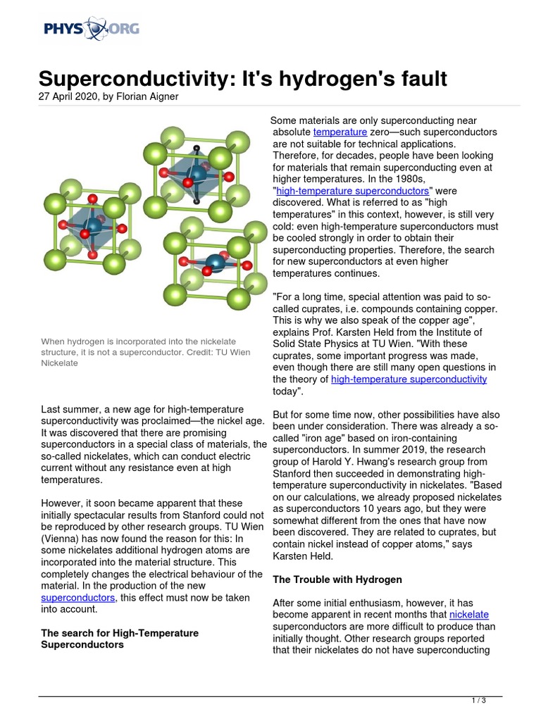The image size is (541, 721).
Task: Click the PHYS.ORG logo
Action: [91, 30]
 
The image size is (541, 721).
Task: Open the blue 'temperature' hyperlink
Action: [340, 132]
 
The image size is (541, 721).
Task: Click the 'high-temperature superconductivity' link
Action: [409, 379]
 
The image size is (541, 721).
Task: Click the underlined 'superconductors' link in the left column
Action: [78, 597]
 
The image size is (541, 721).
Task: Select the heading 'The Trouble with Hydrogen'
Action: [337, 579]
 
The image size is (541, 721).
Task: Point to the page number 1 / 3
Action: [478, 701]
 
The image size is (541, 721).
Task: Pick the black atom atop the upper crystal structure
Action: [196, 148]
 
